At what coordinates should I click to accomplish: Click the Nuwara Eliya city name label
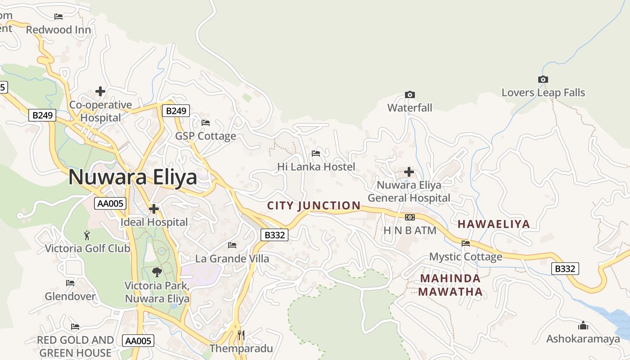(133, 177)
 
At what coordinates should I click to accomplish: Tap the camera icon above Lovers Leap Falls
(543, 80)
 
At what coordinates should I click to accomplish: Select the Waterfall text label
(409, 108)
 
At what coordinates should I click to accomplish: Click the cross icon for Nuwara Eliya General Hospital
(409, 172)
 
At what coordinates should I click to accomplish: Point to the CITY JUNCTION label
(314, 206)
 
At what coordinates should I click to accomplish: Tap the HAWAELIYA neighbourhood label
(494, 224)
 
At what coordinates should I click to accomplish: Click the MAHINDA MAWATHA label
(450, 285)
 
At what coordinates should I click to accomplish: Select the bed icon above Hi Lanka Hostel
(316, 153)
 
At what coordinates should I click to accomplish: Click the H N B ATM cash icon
(409, 217)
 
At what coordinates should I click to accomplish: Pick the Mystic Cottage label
(465, 257)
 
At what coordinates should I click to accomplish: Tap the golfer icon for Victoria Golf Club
(87, 235)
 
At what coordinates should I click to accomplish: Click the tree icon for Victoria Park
(157, 272)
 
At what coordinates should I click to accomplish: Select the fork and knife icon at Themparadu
(241, 335)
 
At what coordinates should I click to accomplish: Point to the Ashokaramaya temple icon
(583, 325)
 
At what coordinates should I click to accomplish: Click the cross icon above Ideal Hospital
(154, 209)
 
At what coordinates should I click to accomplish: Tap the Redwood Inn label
(58, 30)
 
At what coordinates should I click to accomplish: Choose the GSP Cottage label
(205, 136)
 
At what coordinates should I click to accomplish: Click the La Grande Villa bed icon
(232, 245)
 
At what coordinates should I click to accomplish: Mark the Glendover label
(70, 297)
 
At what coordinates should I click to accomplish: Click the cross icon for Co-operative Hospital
(100, 92)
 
